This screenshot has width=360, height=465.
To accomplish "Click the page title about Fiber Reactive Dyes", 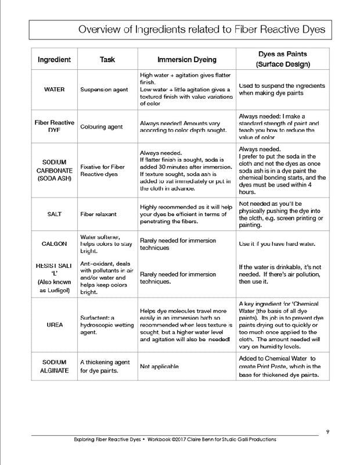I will coord(201,30).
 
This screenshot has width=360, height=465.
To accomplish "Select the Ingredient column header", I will coord(54,59).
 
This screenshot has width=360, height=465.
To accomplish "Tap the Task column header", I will coord(107,59).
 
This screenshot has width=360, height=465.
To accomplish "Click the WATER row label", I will coord(54,90).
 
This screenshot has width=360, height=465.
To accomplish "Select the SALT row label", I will coord(54,214).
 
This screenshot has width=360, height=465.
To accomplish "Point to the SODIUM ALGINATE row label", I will coord(54,366).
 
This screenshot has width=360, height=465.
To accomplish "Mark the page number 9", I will coord(328,431).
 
